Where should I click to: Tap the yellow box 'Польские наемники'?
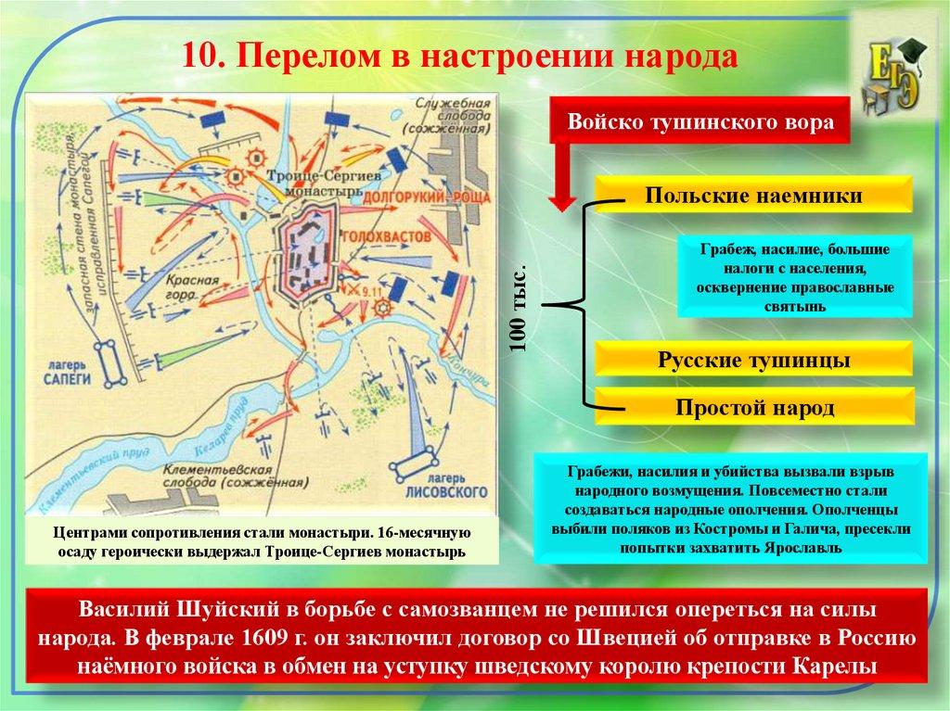pos(753,196)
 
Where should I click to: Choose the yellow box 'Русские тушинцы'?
pos(753,361)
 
